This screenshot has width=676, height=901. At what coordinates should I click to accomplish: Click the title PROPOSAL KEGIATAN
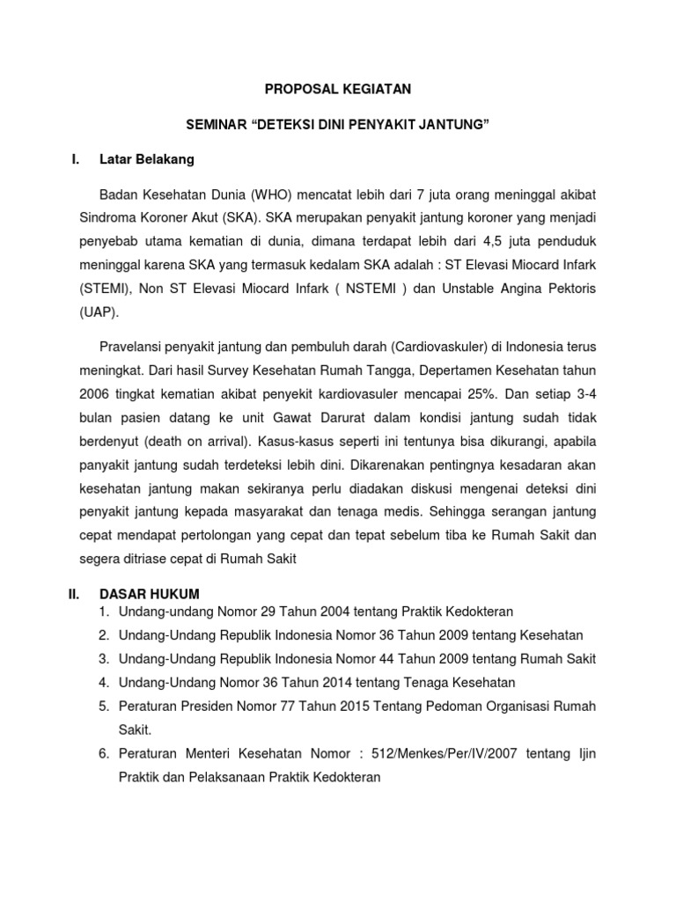point(339,89)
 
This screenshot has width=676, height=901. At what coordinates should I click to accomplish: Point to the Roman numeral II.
point(74,594)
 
